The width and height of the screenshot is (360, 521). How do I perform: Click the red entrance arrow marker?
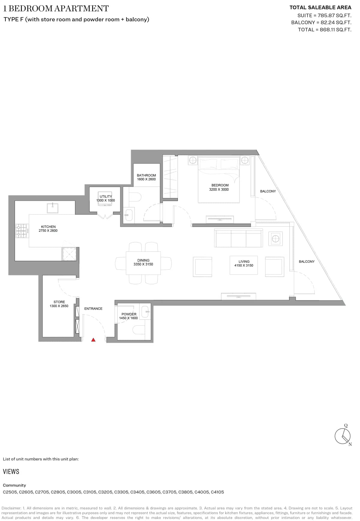click(x=93, y=340)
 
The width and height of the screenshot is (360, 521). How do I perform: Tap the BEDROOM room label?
click(x=220, y=185)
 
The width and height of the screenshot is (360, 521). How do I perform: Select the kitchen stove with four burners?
click(x=22, y=231)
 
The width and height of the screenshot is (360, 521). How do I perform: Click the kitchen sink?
click(x=52, y=208)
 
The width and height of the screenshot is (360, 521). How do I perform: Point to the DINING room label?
click(x=143, y=260)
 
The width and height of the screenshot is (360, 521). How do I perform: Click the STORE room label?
click(x=59, y=302)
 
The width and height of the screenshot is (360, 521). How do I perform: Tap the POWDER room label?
click(x=129, y=314)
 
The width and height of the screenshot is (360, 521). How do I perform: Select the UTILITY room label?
click(x=106, y=197)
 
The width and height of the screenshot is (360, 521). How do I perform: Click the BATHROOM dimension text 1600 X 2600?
click(x=146, y=179)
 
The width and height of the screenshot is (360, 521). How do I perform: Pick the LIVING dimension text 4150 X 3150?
click(x=244, y=265)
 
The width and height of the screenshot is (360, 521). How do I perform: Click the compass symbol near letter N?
click(x=342, y=436)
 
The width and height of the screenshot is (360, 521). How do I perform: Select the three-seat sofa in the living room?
click(x=238, y=238)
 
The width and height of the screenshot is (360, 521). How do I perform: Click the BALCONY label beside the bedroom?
click(x=268, y=191)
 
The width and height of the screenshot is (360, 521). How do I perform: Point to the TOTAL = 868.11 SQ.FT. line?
click(x=324, y=29)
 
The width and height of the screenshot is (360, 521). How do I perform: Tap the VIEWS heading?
click(x=11, y=471)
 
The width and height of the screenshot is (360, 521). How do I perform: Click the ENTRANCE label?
click(x=93, y=309)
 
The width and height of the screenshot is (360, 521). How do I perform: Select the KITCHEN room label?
click(x=48, y=227)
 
